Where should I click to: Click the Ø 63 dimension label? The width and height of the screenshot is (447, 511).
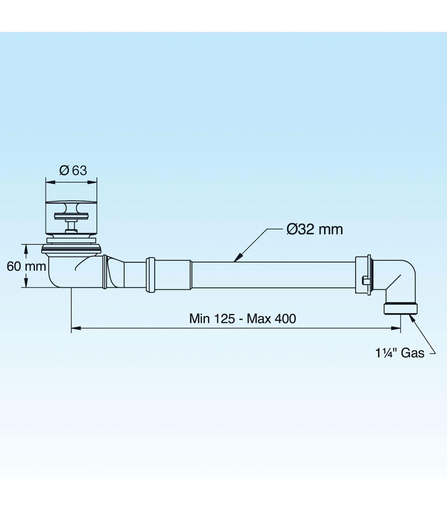(x=73, y=171)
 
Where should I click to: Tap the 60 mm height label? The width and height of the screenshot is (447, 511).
(x=26, y=267)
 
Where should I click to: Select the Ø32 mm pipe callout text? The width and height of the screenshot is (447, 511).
(x=315, y=229)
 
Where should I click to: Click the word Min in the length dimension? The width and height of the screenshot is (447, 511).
(x=199, y=319)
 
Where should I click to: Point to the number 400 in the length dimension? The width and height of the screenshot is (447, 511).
(x=285, y=319)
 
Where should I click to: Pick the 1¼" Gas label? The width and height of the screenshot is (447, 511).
(x=400, y=353)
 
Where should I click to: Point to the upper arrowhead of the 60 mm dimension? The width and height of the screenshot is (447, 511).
(x=25, y=249)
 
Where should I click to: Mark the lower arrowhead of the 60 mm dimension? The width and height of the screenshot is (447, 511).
(x=25, y=283)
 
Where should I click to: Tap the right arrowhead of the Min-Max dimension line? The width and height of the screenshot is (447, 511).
(x=396, y=328)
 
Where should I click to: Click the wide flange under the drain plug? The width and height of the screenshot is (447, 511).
(x=72, y=248)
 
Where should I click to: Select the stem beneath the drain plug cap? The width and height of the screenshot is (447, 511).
(x=71, y=226)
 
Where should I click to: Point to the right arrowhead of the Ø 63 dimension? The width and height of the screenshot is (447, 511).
(x=92, y=182)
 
